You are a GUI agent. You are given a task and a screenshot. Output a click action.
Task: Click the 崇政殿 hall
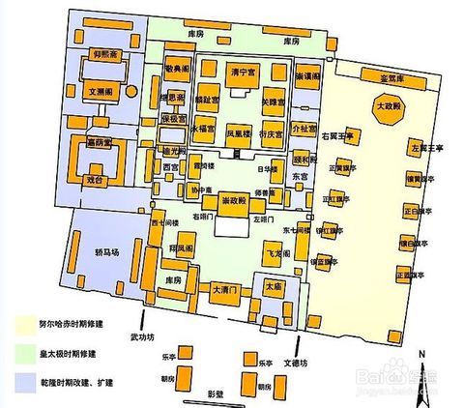[232, 198]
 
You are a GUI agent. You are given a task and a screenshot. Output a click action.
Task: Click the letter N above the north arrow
[421, 351]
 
